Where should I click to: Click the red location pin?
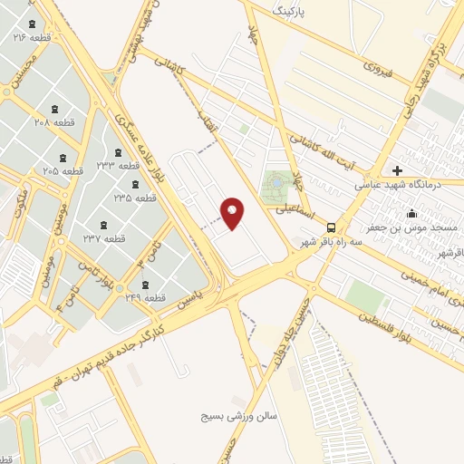(x=233, y=213)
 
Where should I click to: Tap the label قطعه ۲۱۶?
(x=33, y=38)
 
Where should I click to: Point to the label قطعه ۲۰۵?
(x=63, y=170)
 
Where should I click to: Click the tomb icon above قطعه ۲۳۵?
(x=135, y=184)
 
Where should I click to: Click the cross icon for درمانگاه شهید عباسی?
(x=397, y=170)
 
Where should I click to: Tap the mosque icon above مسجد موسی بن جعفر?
(x=412, y=214)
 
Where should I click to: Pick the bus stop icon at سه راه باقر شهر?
(x=332, y=227)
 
